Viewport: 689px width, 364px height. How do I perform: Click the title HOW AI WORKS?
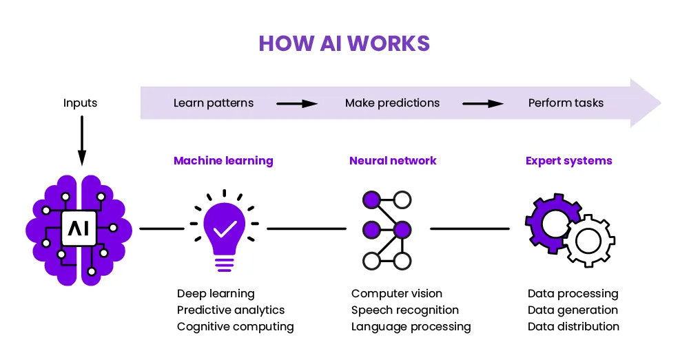(344, 43)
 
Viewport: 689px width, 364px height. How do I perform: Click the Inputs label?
(80, 103)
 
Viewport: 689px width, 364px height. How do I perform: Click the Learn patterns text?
(214, 103)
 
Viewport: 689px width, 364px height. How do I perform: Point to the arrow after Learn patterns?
(297, 104)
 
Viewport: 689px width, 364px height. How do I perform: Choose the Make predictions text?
(392, 103)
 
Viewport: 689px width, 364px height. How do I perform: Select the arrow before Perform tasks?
(483, 104)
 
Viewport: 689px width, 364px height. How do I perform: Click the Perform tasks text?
(566, 103)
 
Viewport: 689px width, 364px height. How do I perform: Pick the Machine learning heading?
(223, 161)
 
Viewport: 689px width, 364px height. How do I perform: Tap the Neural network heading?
(393, 161)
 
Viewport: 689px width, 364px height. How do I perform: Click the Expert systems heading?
(568, 161)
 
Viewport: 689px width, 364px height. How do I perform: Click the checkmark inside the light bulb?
(224, 228)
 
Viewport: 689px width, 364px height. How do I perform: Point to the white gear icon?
(589, 240)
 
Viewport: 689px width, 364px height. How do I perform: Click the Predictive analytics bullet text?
(231, 310)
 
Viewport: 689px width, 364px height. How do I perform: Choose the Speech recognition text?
(405, 310)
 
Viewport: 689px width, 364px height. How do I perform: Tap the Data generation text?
(573, 310)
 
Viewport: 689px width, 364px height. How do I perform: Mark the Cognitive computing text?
(235, 327)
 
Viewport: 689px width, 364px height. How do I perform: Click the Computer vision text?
(397, 294)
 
